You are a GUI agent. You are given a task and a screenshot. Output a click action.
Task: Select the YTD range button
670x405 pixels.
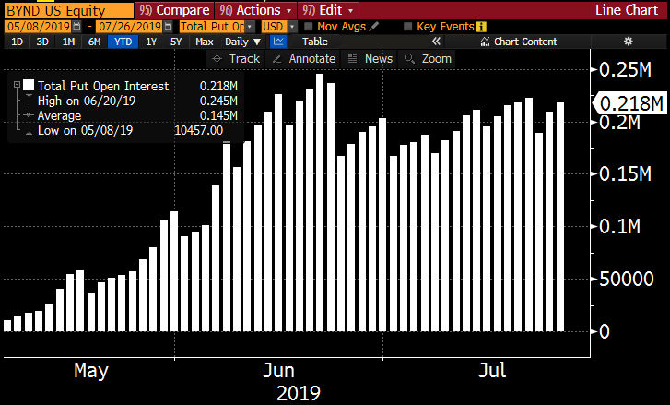121,42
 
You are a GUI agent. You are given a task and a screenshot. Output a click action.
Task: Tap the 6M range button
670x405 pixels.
95,42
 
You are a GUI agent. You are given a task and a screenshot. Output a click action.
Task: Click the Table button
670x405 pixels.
315,42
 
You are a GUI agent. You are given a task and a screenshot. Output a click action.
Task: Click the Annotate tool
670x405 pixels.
306,58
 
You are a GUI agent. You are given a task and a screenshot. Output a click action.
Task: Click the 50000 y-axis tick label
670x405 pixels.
626,279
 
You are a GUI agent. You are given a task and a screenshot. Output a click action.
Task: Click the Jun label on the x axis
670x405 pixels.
278,371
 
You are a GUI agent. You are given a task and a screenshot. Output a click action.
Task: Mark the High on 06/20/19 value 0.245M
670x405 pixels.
218,101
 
